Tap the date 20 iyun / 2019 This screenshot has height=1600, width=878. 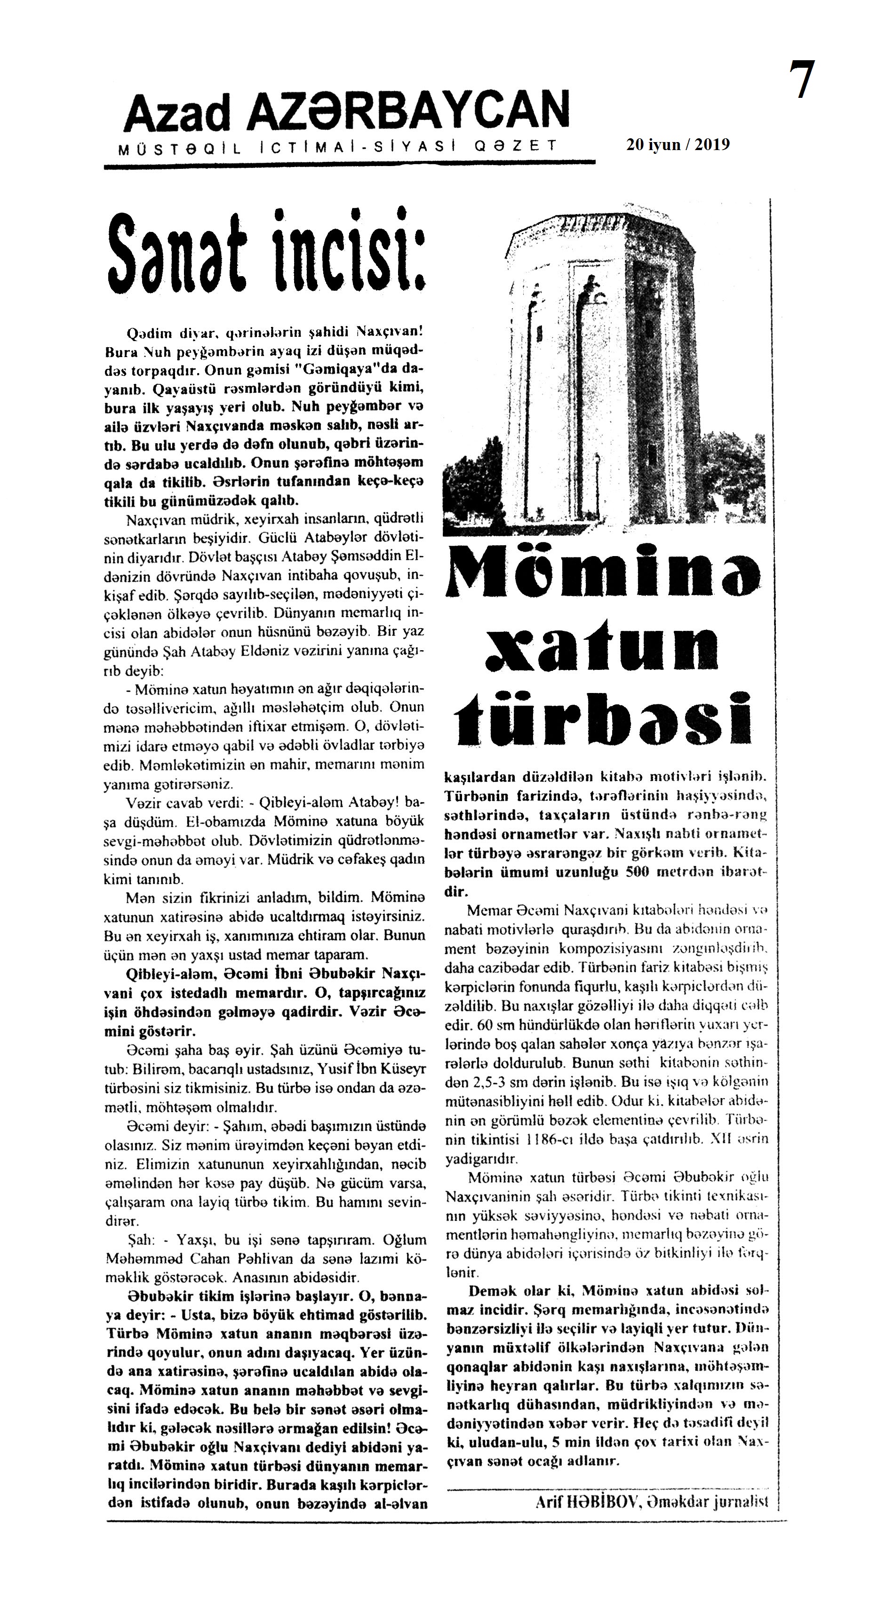click(678, 145)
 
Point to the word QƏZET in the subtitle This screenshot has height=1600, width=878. click(515, 147)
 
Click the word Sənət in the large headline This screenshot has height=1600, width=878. click(184, 255)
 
